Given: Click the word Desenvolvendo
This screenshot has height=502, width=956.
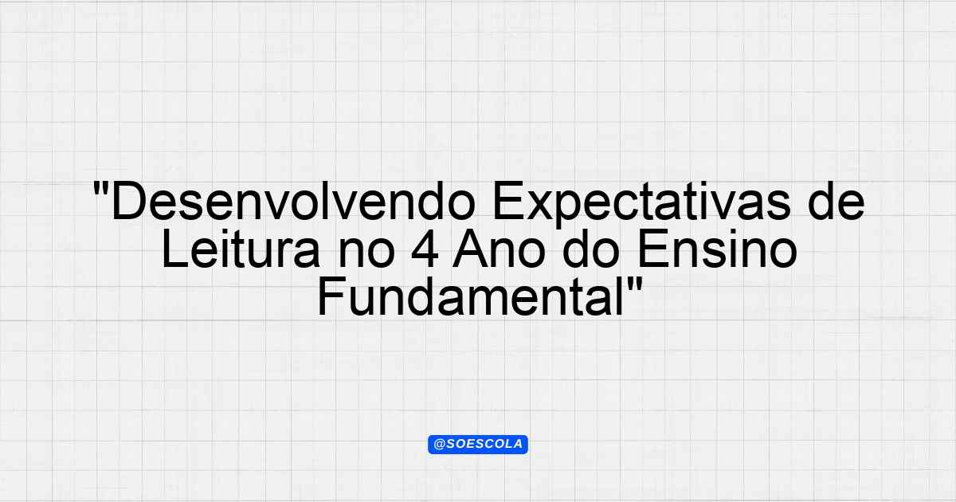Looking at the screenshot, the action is point(294,202).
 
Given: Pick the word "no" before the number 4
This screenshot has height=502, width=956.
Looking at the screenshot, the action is point(366,253).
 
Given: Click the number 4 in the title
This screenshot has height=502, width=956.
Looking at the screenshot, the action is point(425,249).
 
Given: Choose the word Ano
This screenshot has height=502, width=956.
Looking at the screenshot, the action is point(499,249).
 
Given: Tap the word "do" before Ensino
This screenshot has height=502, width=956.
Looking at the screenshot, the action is point(591,249).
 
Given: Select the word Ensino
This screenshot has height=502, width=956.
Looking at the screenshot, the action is point(717,249).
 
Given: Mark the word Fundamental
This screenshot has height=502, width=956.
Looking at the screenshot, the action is point(470,296).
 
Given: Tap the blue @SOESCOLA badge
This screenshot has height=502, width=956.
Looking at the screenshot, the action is point(478,445).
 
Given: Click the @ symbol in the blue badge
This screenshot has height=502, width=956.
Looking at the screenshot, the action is point(439,445).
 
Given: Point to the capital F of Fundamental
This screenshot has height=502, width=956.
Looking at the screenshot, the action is point(332,296).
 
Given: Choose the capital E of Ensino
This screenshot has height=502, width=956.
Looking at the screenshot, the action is point(652,249).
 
